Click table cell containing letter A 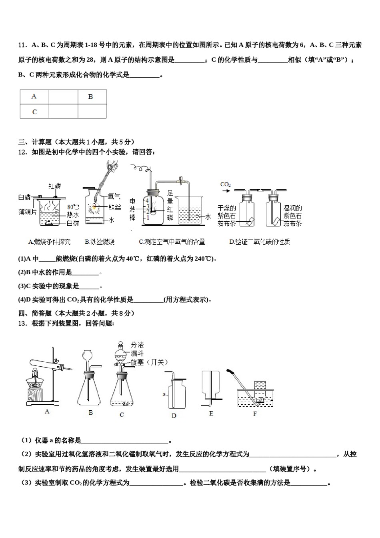pyautogui.click(x=34, y=96)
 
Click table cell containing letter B pyautogui.click(x=92, y=96)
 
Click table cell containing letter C pyautogui.click(x=34, y=112)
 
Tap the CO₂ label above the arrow pyautogui.click(x=226, y=185)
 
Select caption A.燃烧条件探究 pyautogui.click(x=49, y=242)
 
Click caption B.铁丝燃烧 pyautogui.click(x=100, y=242)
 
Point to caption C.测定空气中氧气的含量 pyautogui.click(x=172, y=242)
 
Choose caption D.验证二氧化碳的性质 pyautogui.click(x=259, y=242)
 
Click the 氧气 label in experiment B pyautogui.click(x=114, y=197)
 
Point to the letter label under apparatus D pyautogui.click(x=174, y=416)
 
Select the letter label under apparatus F pyautogui.click(x=255, y=414)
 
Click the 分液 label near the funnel pyautogui.click(x=137, y=345)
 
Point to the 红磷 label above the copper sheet pyautogui.click(x=55, y=186)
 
